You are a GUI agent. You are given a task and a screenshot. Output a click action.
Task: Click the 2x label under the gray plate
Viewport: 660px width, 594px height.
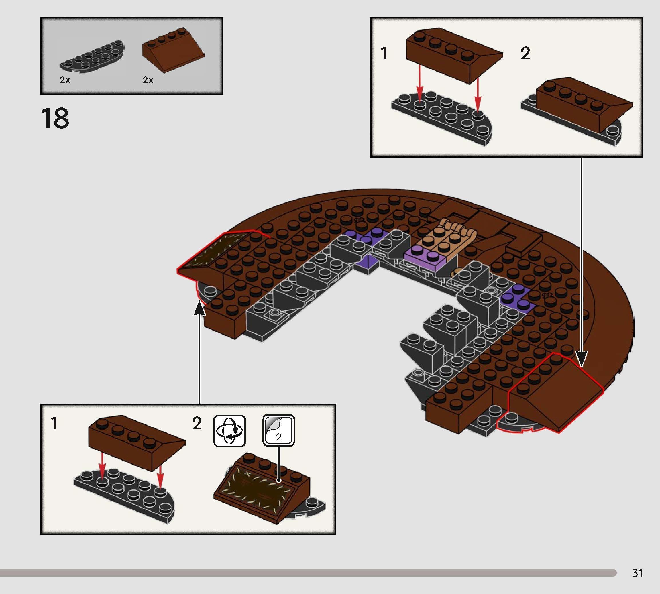pos(65,80)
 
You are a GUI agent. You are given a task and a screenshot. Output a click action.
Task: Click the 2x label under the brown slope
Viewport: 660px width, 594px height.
pos(148,80)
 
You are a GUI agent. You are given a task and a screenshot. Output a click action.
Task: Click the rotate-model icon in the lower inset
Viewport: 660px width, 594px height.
pos(229,430)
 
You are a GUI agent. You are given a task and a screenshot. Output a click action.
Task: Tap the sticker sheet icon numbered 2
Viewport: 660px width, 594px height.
pos(278,430)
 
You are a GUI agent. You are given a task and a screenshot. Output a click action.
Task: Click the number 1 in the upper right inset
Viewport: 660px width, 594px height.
pos(384,54)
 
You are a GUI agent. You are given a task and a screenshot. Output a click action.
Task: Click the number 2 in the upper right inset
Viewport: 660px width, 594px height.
pos(525,54)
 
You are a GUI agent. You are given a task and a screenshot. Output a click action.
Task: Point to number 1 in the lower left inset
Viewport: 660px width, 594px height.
pos(54,424)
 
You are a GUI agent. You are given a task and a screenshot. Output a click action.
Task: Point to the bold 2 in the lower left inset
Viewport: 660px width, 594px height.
pos(197,424)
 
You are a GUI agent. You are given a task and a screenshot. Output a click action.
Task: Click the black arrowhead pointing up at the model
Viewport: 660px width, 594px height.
pos(199,309)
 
